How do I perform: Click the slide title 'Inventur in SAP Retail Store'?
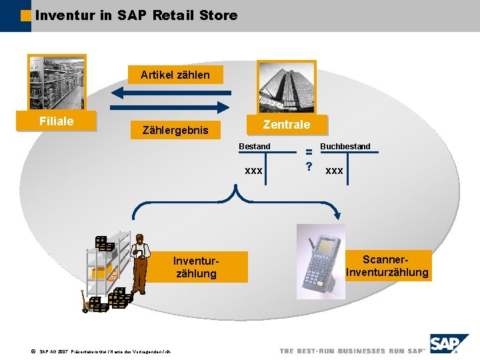(x=136, y=15)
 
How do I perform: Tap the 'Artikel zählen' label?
(x=175, y=75)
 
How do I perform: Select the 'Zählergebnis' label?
(x=175, y=130)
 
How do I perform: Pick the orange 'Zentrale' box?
(x=286, y=124)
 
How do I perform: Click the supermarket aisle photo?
(x=57, y=83)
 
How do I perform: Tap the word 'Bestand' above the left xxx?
(x=255, y=146)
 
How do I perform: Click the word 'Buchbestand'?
(x=345, y=146)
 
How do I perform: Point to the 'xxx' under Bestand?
(x=253, y=171)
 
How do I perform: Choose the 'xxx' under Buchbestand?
(x=335, y=171)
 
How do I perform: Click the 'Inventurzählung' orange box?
(x=195, y=267)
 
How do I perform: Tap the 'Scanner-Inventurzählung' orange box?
(x=387, y=265)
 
